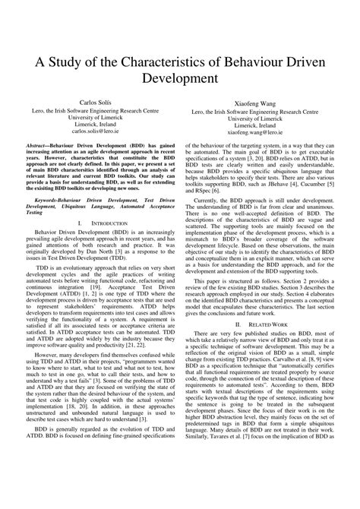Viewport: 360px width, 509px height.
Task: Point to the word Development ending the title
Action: (x=180, y=79)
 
